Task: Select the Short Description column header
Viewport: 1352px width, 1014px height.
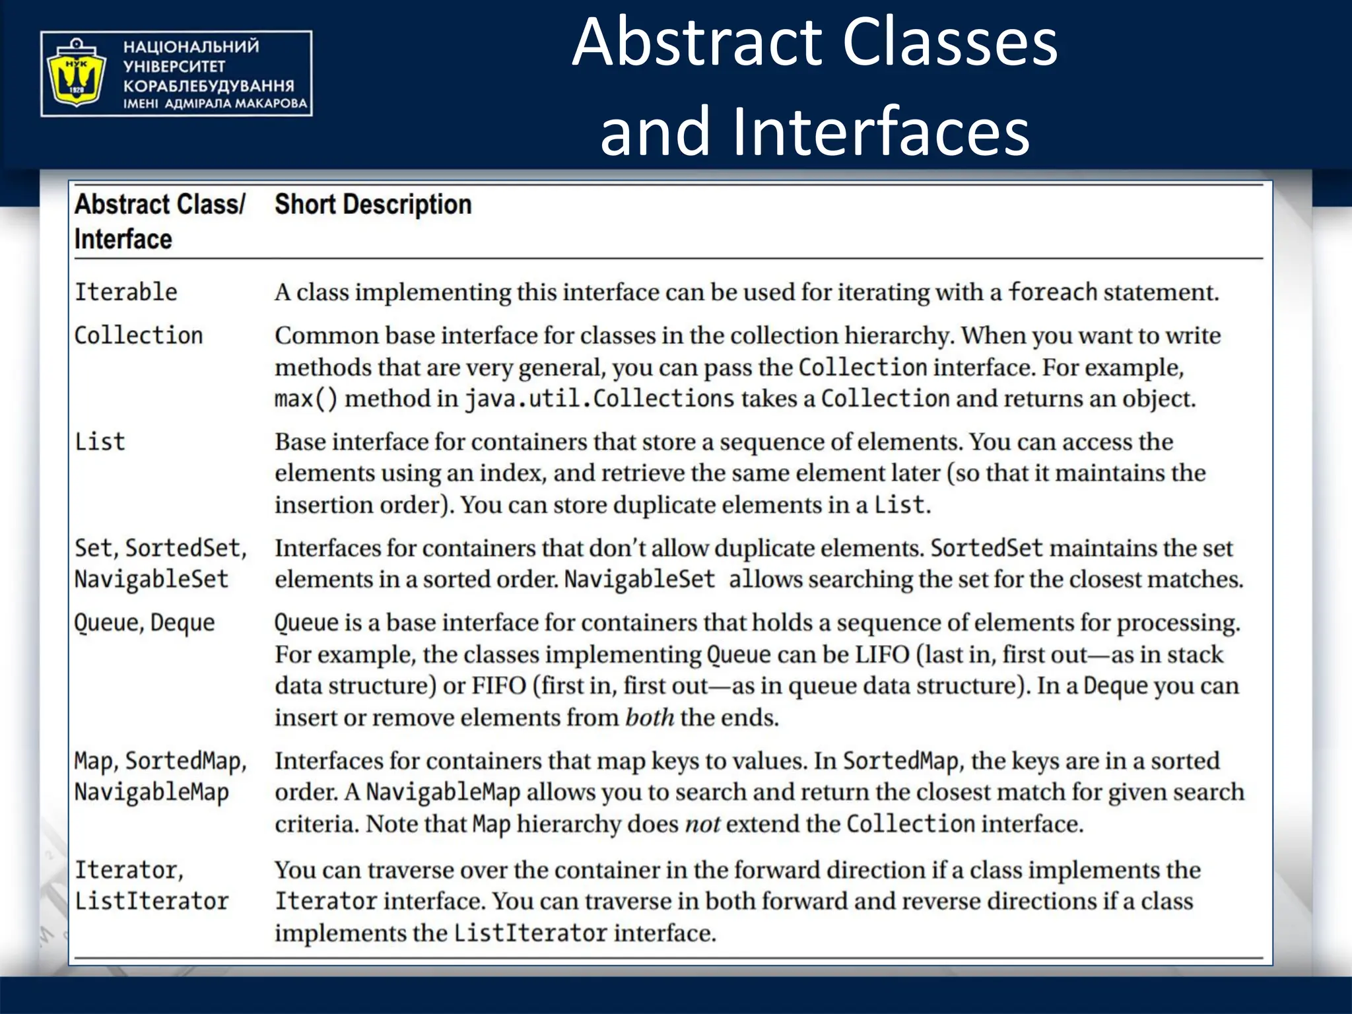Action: tap(373, 205)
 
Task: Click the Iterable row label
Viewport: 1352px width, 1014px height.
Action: tap(125, 292)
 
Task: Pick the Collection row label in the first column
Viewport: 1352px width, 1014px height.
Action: tap(138, 335)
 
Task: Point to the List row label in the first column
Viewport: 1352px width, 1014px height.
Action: tap(100, 442)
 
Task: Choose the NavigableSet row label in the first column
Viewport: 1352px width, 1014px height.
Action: tap(151, 579)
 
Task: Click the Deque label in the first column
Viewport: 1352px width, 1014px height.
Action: tap(182, 623)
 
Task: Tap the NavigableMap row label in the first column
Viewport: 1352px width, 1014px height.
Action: tap(151, 792)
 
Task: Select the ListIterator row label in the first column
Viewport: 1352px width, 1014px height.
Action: tap(151, 901)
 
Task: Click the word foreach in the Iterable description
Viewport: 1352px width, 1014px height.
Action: tap(1052, 292)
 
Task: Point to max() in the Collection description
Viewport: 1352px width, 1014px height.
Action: tap(306, 399)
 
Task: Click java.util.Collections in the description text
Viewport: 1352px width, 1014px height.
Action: tap(599, 399)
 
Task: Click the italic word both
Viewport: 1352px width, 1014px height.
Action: tap(650, 718)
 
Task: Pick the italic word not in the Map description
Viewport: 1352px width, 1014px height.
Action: tap(702, 824)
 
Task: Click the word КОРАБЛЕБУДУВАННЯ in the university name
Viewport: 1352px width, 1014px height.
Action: tap(209, 86)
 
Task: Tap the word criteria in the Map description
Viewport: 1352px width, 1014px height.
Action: tap(317, 824)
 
